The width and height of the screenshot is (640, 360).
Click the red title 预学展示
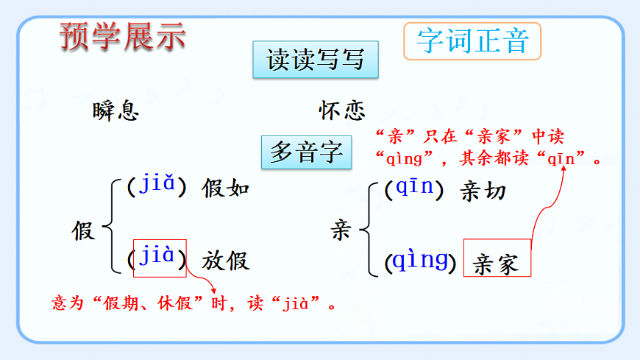click(x=122, y=36)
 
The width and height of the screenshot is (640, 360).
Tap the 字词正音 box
click(x=472, y=41)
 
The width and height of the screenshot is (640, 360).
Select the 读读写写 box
click(x=316, y=60)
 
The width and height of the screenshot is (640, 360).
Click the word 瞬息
click(x=116, y=111)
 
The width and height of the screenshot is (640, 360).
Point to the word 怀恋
click(x=342, y=110)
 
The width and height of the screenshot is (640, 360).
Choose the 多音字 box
click(x=307, y=152)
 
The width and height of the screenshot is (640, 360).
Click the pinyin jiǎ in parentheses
click(x=156, y=187)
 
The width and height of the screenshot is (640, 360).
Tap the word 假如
click(x=226, y=189)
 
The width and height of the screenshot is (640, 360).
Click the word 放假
click(x=226, y=260)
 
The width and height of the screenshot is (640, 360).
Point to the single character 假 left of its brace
click(x=83, y=230)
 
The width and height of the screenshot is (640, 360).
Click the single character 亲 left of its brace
click(x=341, y=231)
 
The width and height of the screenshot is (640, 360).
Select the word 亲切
click(x=483, y=191)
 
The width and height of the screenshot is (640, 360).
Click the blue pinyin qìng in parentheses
click(x=420, y=260)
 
